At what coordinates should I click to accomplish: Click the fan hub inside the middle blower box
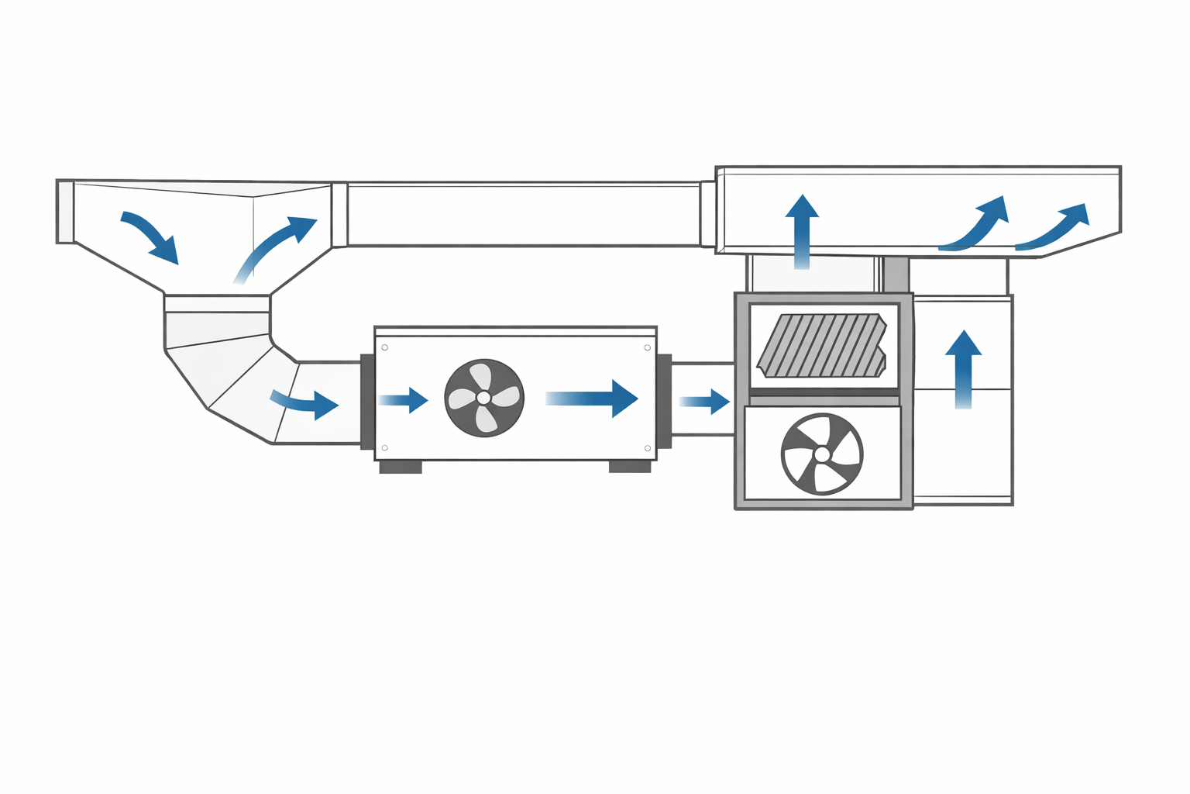(483, 397)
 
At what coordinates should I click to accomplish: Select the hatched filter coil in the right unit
(822, 346)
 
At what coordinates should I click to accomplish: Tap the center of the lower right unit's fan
(822, 454)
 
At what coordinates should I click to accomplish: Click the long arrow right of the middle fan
(593, 399)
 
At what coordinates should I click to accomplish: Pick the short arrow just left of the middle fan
(404, 400)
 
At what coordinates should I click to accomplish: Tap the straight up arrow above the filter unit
(802, 231)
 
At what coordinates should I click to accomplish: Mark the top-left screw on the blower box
(385, 347)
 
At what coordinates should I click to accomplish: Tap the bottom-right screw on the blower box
(648, 448)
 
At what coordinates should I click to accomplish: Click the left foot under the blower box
(401, 467)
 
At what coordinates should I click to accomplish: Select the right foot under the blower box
(630, 466)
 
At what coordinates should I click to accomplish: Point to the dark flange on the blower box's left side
(367, 401)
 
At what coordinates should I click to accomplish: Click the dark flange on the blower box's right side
(664, 401)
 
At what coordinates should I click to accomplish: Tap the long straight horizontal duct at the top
(524, 215)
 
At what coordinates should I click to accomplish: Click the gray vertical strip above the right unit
(896, 274)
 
